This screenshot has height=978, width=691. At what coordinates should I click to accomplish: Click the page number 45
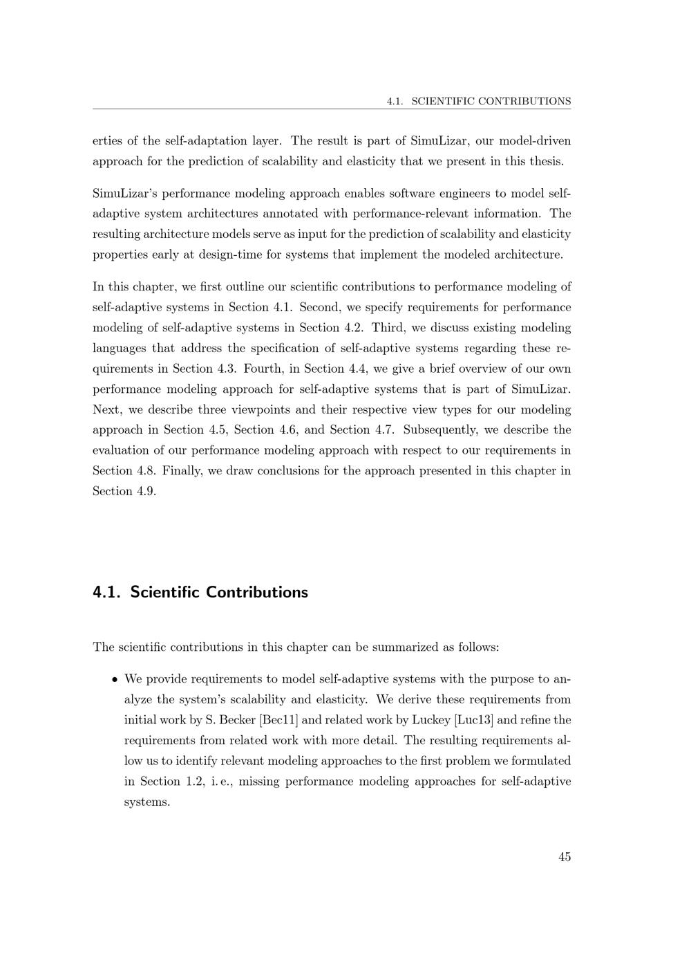565,857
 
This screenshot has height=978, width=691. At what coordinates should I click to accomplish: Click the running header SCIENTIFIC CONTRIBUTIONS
491,101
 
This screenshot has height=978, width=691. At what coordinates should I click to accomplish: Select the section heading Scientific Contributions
219,592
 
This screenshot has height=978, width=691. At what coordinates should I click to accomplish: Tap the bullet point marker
115,679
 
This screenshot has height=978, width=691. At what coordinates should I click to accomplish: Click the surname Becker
237,720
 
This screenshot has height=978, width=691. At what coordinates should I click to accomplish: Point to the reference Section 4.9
124,491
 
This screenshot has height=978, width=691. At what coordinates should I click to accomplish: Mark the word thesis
546,161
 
